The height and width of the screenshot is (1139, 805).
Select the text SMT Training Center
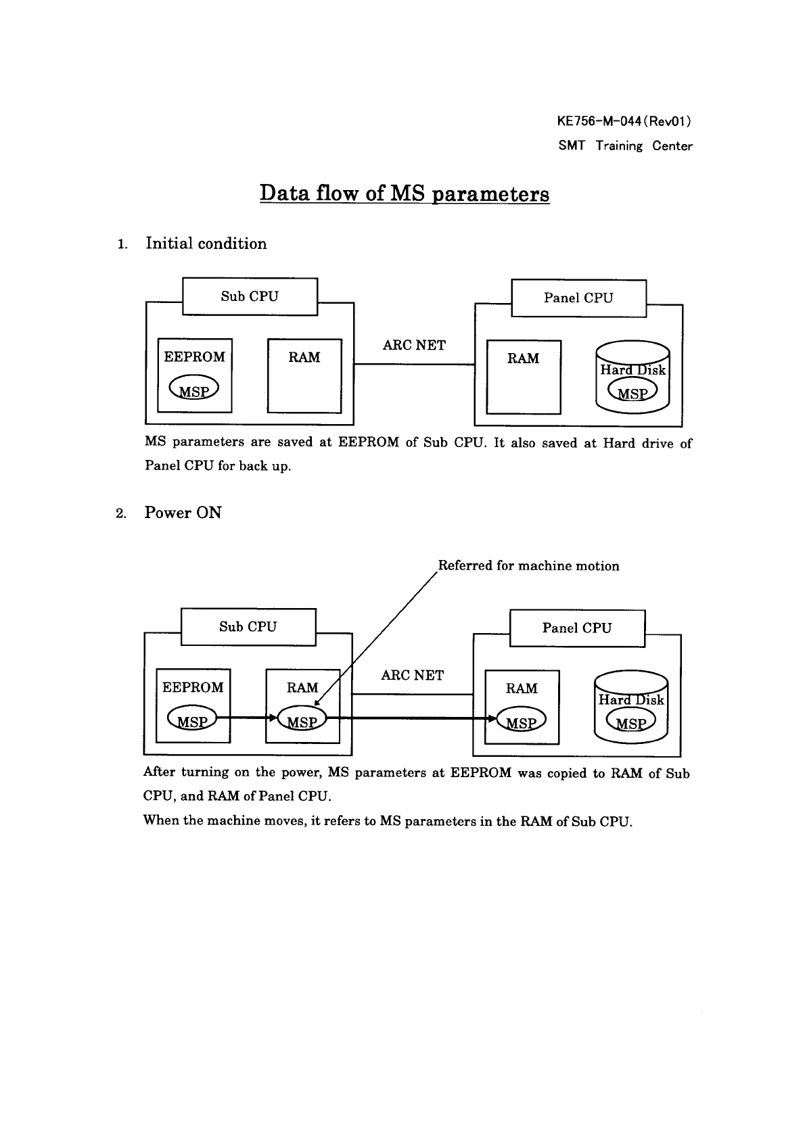coord(625,146)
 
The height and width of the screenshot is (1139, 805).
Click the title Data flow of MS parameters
coord(405,193)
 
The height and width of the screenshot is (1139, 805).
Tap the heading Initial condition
coord(206,243)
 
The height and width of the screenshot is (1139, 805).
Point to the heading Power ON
coord(183,513)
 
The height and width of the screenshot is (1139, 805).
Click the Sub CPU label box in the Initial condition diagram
coord(250,296)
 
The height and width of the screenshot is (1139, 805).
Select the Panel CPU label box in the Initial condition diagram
coord(578,298)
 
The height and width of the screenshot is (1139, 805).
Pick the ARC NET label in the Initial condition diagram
coord(414,346)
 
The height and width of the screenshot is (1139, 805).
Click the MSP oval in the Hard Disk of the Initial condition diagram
coord(632,392)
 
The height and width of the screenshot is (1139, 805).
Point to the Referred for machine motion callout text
coord(528,566)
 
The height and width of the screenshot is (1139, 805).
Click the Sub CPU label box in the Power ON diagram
coord(248,627)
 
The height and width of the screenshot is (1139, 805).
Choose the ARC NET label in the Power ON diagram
coord(413,676)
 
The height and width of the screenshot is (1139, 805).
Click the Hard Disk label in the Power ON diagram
coord(631,700)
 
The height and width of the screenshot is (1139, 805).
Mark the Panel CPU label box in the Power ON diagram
coord(576,628)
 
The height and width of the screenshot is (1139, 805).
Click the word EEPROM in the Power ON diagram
coord(193,688)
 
